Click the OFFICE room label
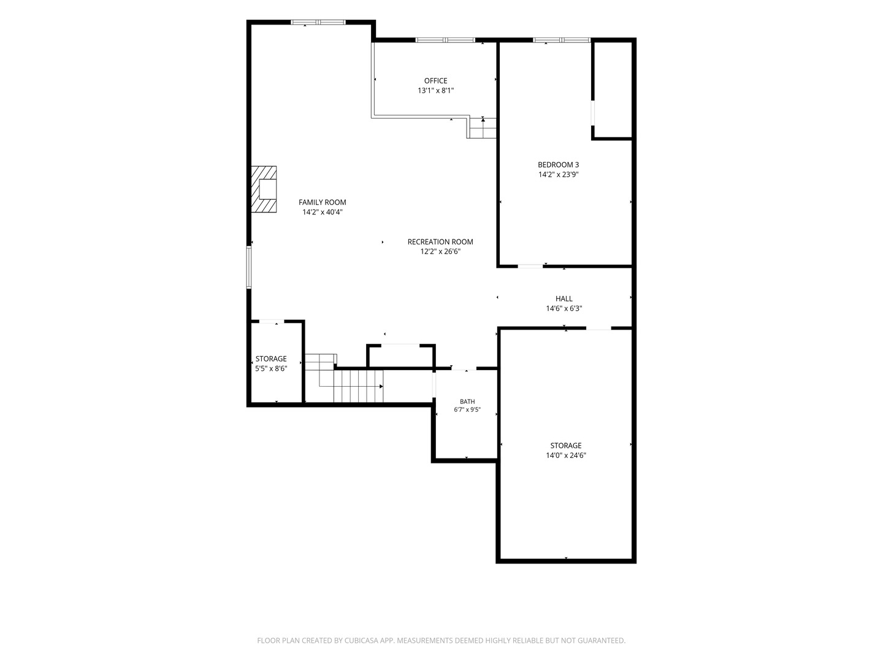435,81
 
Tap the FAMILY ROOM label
322,203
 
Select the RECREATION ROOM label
440,242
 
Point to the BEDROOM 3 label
559,165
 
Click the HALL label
564,299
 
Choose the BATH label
467,401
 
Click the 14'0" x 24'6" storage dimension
566,456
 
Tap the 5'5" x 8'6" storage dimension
271,368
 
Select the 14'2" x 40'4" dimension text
323,212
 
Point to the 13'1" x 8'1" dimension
435,91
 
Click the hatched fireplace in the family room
264,189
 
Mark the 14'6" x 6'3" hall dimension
564,309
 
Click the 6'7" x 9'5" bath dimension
467,410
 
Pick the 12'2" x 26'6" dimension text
440,252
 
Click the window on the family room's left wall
249,267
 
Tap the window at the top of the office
445,40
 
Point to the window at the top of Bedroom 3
562,40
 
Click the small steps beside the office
482,128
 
